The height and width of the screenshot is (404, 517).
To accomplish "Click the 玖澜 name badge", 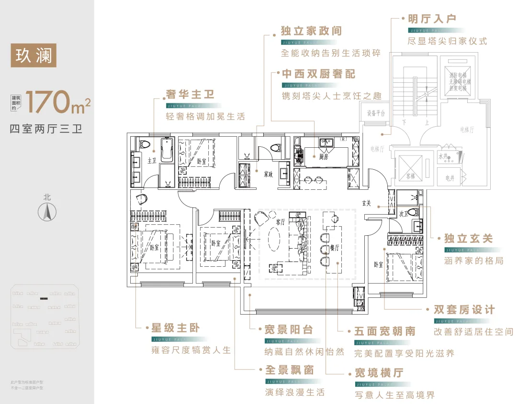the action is pyautogui.click(x=34, y=55).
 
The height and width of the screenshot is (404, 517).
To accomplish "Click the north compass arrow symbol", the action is pyautogui.click(x=47, y=211).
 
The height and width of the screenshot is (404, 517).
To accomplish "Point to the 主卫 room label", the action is pyautogui.click(x=152, y=161).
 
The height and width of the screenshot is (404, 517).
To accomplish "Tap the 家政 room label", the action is pyautogui.click(x=268, y=175).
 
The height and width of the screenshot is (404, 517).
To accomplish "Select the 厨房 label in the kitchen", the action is pyautogui.click(x=324, y=157).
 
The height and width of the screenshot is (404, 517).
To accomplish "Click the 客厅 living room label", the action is pyautogui.click(x=281, y=222).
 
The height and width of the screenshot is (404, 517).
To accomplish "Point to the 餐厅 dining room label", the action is pyautogui.click(x=335, y=248).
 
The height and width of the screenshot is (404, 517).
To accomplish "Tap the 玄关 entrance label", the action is pyautogui.click(x=367, y=203).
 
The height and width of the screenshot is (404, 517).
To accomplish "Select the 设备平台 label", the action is pyautogui.click(x=376, y=114).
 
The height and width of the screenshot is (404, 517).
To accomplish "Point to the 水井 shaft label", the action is pyautogui.click(x=443, y=156).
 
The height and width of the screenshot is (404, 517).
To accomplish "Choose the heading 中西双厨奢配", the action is pyautogui.click(x=318, y=74).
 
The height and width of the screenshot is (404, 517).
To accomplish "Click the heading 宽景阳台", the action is pyautogui.click(x=289, y=330).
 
